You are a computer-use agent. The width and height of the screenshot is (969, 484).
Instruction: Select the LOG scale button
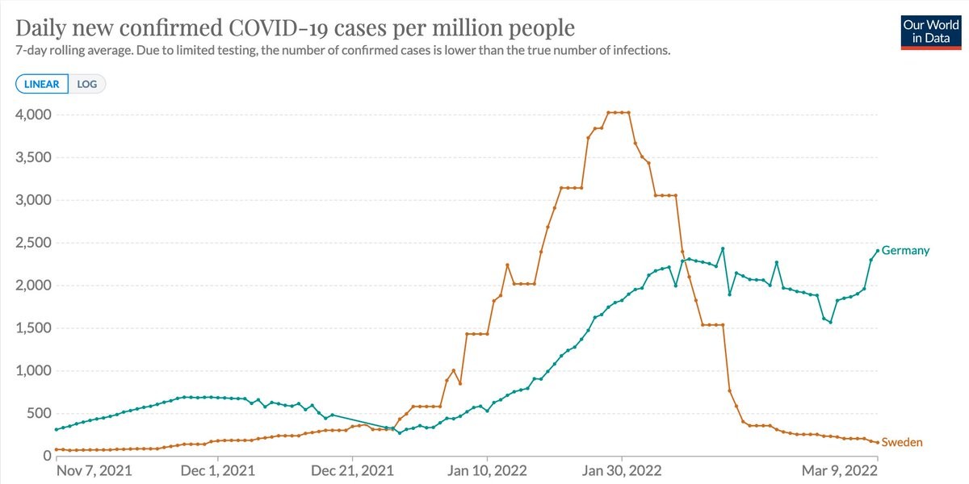point(87,84)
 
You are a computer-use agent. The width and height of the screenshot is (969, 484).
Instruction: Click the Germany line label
point(905,250)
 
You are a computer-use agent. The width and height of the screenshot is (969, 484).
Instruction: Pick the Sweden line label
point(901,442)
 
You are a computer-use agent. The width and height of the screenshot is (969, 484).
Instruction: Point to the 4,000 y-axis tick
point(33,115)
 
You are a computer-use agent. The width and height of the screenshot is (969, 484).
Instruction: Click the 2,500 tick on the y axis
point(33,243)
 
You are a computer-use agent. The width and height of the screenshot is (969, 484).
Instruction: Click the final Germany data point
point(878,250)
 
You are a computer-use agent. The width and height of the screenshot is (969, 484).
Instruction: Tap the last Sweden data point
point(878,442)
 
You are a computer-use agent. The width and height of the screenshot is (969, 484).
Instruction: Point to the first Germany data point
point(57,429)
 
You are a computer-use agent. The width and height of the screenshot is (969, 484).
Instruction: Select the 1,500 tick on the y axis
point(33,328)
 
